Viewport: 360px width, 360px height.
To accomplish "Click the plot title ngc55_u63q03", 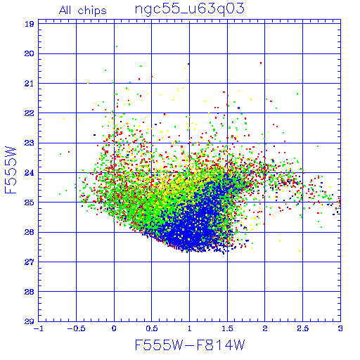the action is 190,10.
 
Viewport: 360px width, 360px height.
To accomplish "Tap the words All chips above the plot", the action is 83,11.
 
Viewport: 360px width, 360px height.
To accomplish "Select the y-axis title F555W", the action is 11,169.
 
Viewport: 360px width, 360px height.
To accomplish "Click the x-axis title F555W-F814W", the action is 190,345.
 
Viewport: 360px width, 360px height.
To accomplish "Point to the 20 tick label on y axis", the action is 30,53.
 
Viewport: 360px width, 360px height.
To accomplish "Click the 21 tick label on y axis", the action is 30,84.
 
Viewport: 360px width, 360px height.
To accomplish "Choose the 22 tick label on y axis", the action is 30,113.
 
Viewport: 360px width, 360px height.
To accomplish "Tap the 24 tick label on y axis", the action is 30,173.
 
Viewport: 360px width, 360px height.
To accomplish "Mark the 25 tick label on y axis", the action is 30,202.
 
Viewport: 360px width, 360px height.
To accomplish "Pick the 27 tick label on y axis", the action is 30,262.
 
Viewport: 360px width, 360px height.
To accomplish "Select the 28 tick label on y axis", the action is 30,292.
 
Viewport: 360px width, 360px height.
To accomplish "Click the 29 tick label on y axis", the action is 30,321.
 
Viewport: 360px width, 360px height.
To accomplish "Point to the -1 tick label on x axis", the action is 37,328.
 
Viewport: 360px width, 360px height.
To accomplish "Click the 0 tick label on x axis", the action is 114,328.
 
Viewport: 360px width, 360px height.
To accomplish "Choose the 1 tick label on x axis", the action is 190,328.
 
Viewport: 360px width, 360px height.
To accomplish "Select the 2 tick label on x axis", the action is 265,328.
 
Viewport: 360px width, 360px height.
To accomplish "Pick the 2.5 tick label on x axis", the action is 303,328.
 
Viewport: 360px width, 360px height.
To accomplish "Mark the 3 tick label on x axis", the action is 340,328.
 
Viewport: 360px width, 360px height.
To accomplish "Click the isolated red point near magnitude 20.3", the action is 261,63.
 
